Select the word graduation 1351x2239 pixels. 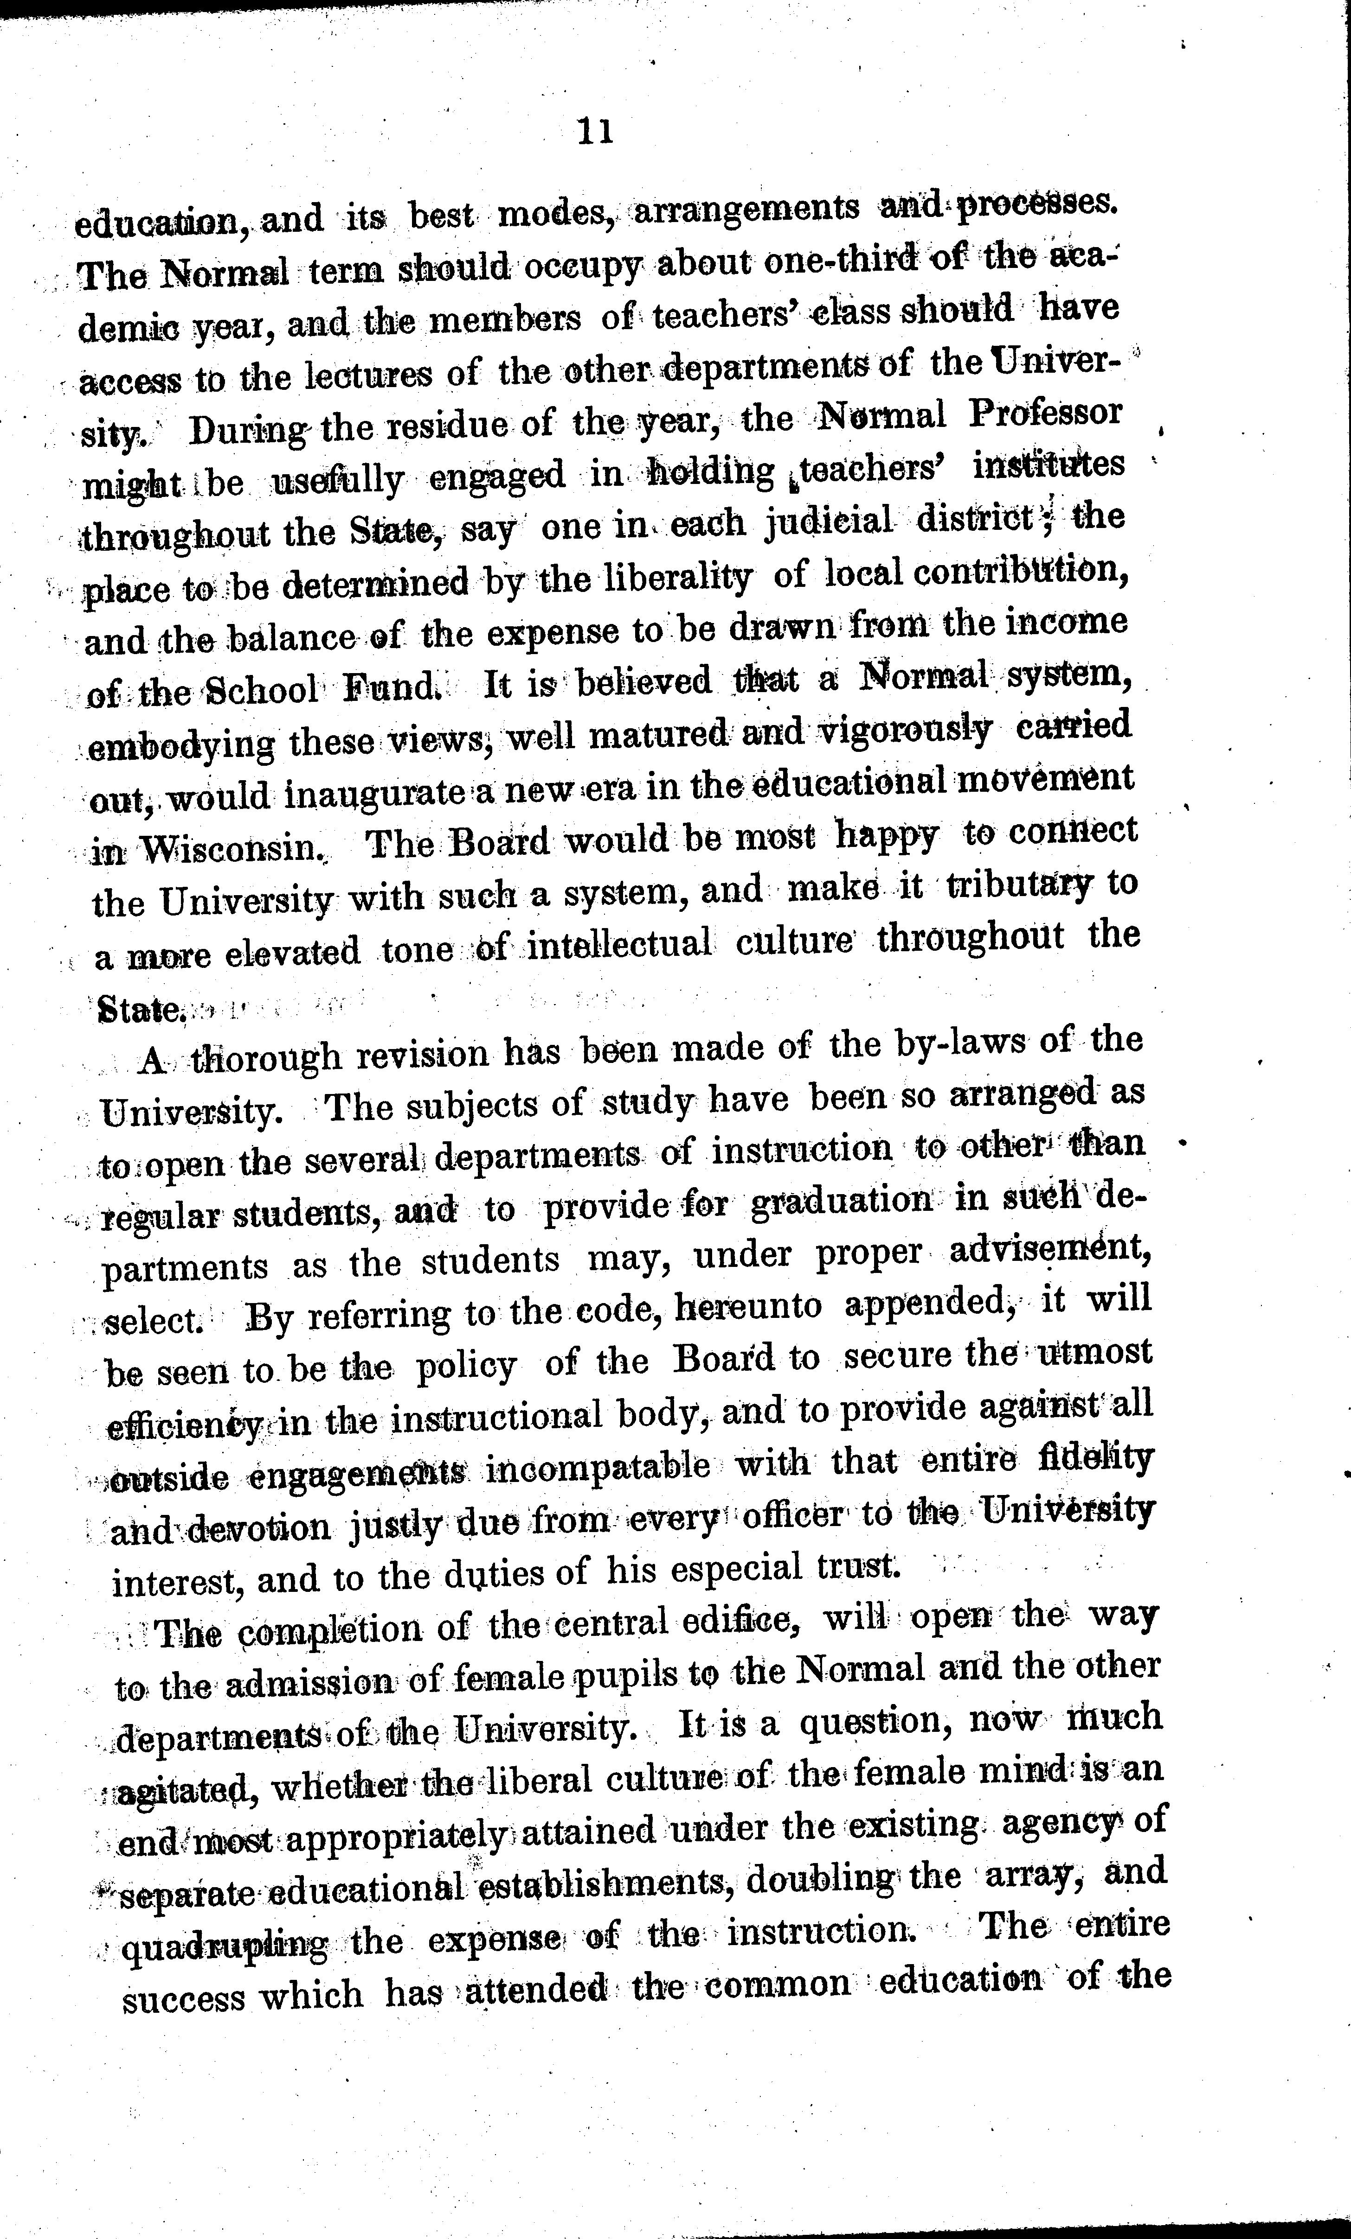[842, 1205]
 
